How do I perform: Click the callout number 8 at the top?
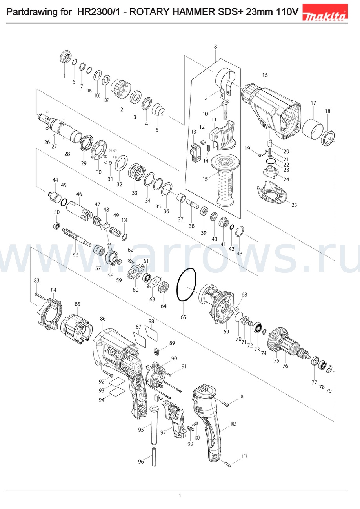point(215,47)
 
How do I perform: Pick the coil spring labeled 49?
point(115,231)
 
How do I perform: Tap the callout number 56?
point(76,255)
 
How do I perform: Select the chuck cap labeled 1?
point(66,56)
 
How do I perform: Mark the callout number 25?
point(294,205)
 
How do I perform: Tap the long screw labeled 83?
point(40,295)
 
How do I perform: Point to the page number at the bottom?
point(180,496)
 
